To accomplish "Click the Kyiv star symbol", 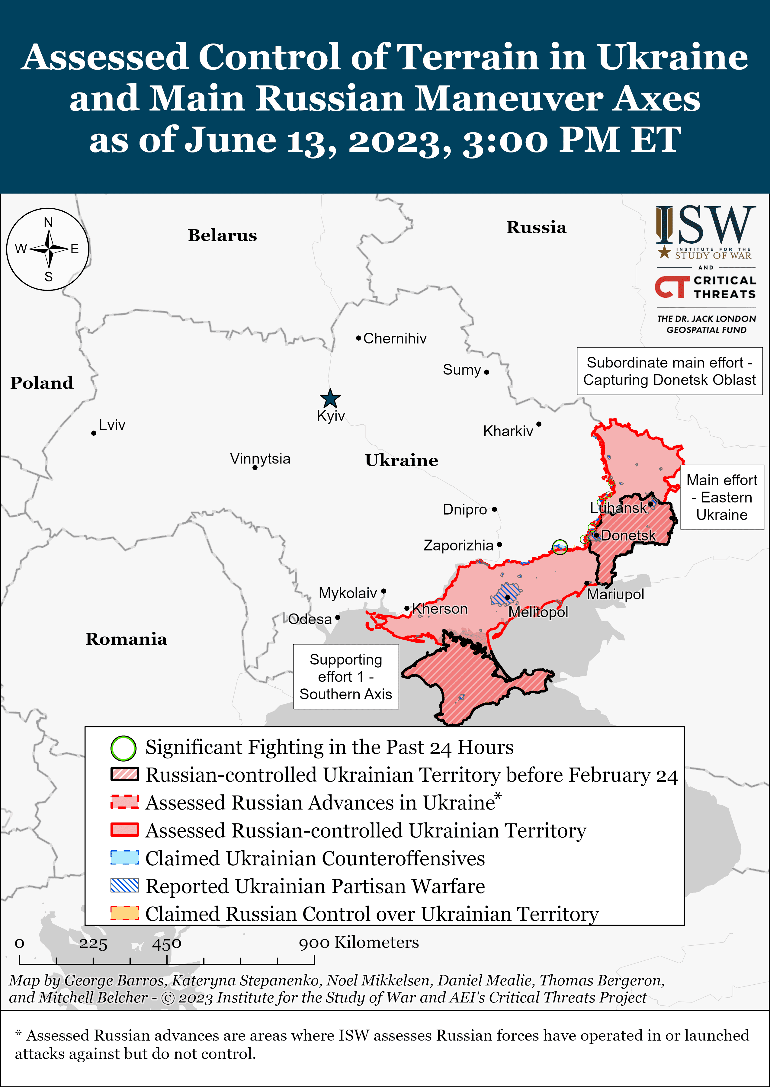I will (330, 399).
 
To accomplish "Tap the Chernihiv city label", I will (394, 338).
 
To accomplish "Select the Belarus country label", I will (222, 235).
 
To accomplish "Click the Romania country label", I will (126, 639).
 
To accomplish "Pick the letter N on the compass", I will (48, 222).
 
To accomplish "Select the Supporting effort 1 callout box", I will (346, 676).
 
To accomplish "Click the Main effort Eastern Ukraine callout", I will (722, 497).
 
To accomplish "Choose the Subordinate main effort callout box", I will (669, 371).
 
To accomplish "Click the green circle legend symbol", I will (123, 748).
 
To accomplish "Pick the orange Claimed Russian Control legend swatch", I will (124, 913).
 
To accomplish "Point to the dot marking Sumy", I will (486, 372).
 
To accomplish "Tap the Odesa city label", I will (310, 619).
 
